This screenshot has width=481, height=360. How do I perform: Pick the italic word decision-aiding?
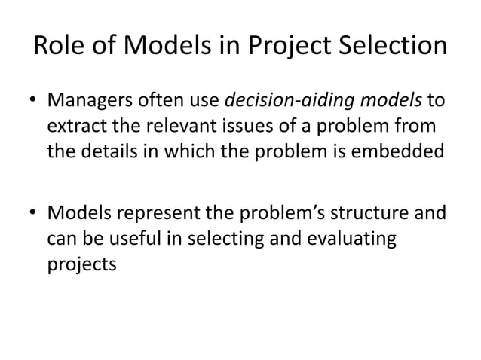[271, 102]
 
